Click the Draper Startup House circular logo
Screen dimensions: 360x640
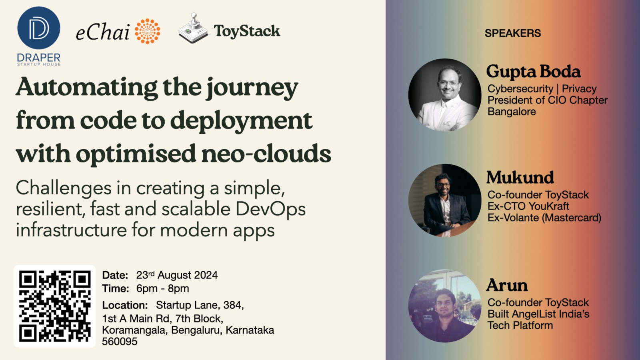coord(39,28)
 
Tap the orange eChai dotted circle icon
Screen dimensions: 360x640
coord(147,31)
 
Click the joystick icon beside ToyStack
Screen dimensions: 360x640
coord(193,28)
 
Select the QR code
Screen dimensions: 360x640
coord(55,306)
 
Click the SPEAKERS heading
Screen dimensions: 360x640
coord(512,33)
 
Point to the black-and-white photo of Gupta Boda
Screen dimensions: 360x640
coord(445,95)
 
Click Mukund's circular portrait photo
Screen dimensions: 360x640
coord(445,200)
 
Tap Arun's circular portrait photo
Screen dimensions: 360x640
coord(445,306)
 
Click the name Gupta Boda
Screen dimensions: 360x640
coord(533,72)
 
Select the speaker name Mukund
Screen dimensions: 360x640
coord(520,178)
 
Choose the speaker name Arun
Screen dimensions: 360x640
coord(507,286)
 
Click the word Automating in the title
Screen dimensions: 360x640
coord(87,87)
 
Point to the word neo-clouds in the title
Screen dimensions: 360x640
coord(266,154)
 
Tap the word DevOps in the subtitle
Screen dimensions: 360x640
coord(270,209)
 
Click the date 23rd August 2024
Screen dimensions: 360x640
coord(177,275)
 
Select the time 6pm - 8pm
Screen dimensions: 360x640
coord(162,288)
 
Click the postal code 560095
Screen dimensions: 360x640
coord(120,342)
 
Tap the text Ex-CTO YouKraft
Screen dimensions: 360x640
coord(528,206)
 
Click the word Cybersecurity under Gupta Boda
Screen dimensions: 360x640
coord(520,89)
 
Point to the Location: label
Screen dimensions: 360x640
coord(125,305)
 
